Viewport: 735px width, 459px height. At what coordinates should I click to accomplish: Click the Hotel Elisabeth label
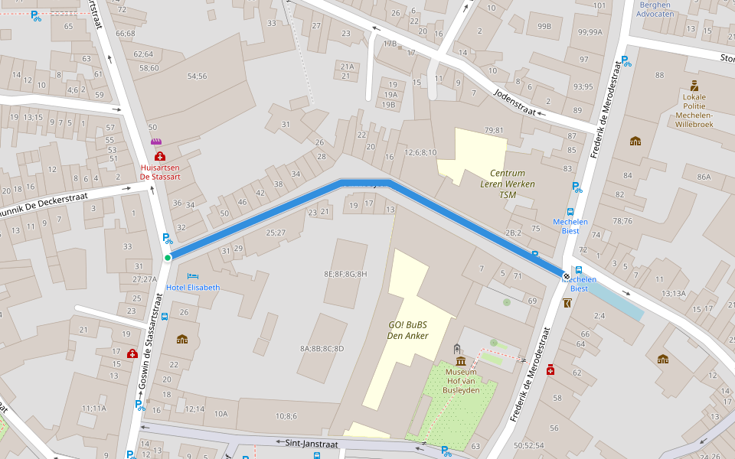point(193,288)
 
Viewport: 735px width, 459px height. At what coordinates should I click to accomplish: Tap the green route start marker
point(167,258)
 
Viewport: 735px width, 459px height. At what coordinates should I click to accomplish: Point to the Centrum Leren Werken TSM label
point(507,184)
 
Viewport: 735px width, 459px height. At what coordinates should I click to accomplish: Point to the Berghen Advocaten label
point(655,9)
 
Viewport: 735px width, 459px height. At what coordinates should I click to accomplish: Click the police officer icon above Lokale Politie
point(694,86)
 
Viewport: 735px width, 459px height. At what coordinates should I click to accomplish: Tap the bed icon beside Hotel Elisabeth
point(193,275)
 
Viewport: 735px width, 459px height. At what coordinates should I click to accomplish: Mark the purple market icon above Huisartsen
point(157,142)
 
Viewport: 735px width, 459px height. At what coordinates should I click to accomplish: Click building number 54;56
point(197,76)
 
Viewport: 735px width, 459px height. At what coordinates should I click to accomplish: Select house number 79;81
point(494,130)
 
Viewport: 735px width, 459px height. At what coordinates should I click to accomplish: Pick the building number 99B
point(544,26)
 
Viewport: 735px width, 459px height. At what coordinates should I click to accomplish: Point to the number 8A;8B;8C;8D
point(322,348)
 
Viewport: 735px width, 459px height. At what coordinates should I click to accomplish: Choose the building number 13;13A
point(674,293)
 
